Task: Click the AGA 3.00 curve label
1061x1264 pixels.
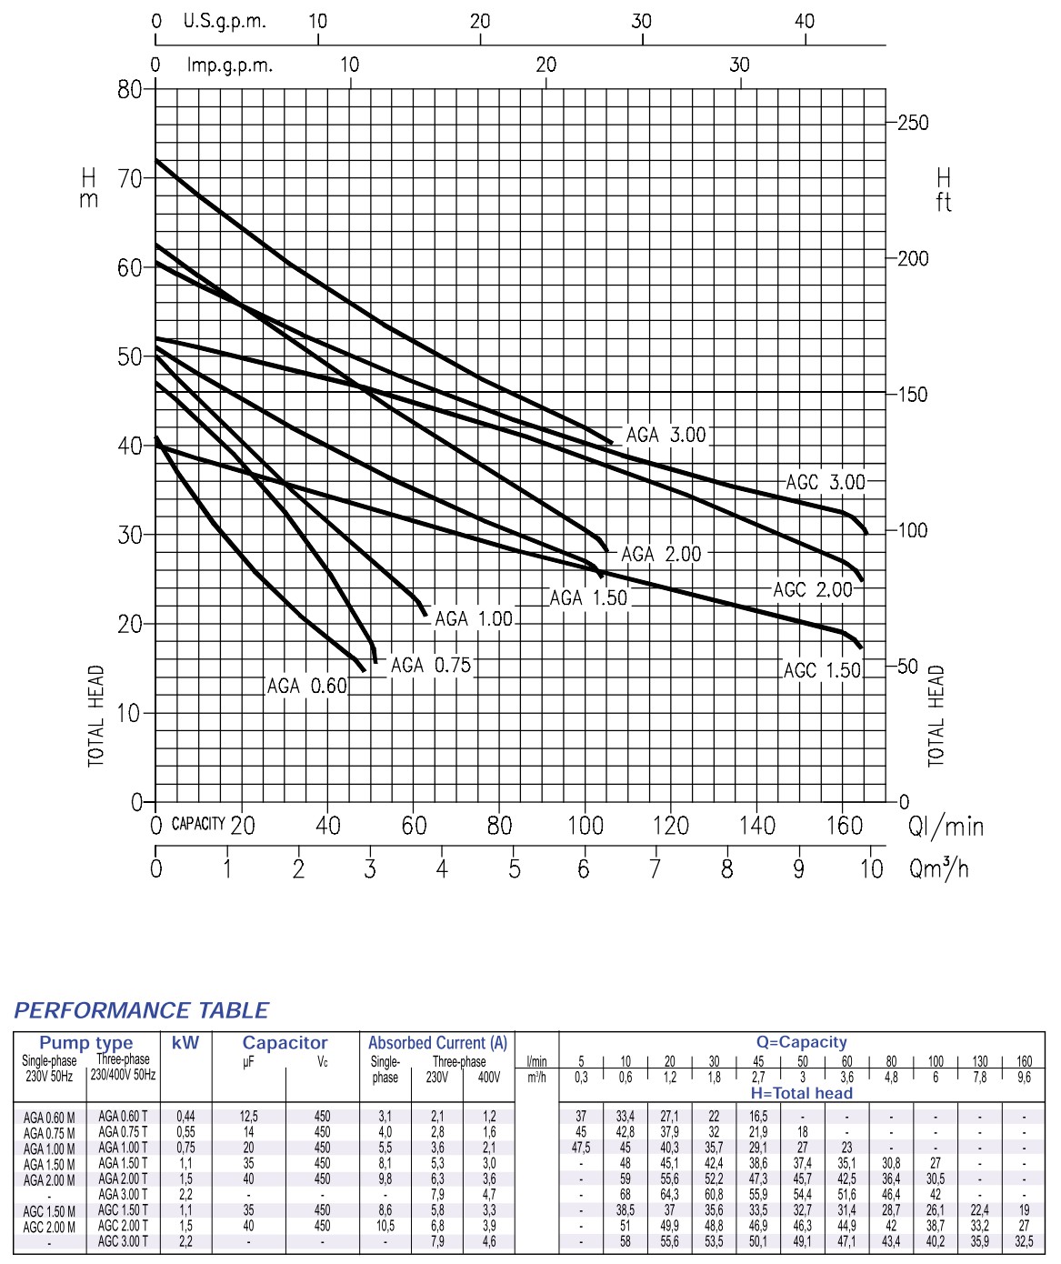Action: click(x=666, y=436)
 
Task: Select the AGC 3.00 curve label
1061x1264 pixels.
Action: click(x=826, y=482)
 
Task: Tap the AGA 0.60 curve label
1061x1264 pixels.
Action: click(x=307, y=687)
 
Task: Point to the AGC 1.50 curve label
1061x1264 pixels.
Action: click(x=822, y=671)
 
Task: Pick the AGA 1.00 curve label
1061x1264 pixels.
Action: click(x=474, y=619)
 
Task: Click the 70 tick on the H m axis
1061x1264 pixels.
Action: click(x=130, y=179)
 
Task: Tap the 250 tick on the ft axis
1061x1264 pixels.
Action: click(x=913, y=123)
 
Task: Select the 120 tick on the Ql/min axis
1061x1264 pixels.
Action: click(x=671, y=826)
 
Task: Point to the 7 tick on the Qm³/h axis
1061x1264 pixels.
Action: click(x=655, y=869)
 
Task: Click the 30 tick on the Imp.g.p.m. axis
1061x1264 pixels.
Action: click(x=740, y=65)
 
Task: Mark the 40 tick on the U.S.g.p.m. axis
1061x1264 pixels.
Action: click(x=805, y=21)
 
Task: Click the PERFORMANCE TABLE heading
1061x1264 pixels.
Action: click(x=141, y=1010)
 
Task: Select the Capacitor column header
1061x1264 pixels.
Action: click(x=285, y=1043)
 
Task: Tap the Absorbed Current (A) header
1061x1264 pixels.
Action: click(x=437, y=1043)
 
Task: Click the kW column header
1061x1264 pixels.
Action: click(x=185, y=1043)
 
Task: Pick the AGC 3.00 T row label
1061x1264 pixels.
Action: click(x=123, y=1242)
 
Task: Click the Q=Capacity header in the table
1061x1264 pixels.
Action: click(x=801, y=1042)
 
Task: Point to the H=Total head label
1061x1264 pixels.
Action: click(x=801, y=1093)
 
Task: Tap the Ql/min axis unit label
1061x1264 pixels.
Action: click(x=946, y=826)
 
